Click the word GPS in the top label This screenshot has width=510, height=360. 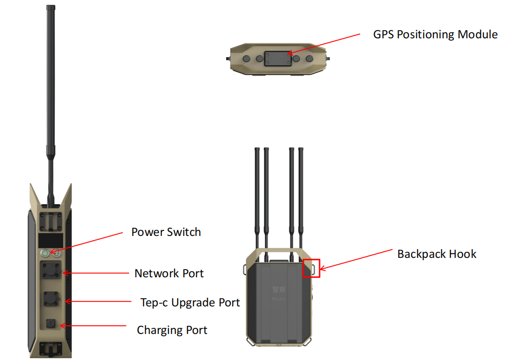(x=384, y=35)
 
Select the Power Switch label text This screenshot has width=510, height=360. (x=166, y=232)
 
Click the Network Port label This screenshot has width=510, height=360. (x=169, y=273)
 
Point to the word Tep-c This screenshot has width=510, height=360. (x=154, y=302)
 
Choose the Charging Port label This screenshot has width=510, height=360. (x=172, y=330)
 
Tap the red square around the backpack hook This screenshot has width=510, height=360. (x=311, y=268)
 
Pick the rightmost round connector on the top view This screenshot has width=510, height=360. (x=309, y=59)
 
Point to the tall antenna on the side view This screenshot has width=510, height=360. (x=51, y=92)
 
